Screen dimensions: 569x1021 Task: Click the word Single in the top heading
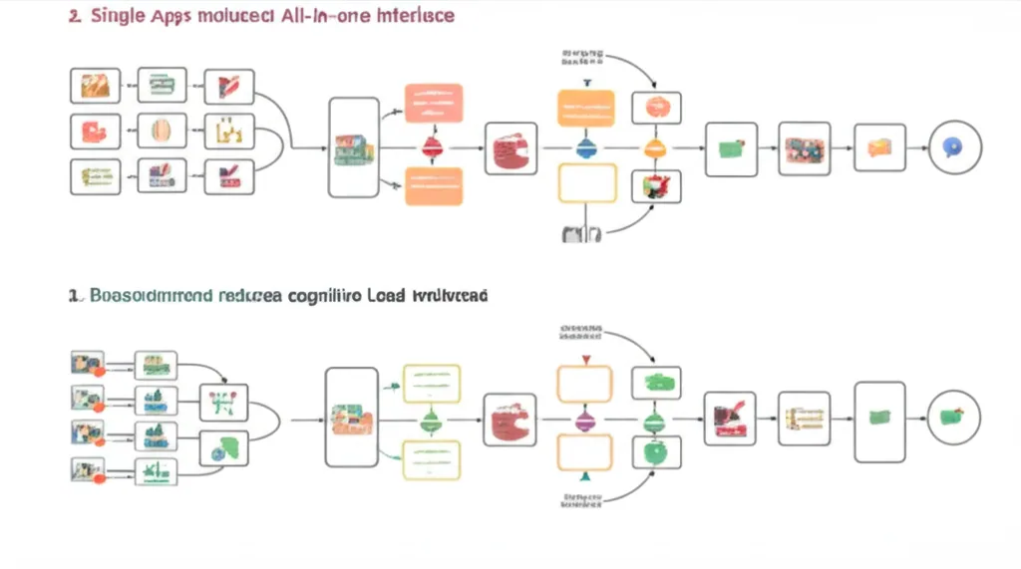(x=116, y=18)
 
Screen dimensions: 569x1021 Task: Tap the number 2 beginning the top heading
(x=74, y=18)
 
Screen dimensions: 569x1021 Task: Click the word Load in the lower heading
(x=391, y=296)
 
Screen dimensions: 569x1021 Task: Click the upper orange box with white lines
(x=434, y=104)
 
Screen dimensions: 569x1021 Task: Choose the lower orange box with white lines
(x=434, y=186)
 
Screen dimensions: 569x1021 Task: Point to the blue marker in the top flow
(x=586, y=148)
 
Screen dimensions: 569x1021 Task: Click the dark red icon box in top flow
(x=510, y=149)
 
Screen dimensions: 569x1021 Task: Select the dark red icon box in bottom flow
(x=510, y=420)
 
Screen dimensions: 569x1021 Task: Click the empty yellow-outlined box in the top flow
(x=586, y=184)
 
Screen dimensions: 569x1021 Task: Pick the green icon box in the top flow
(x=730, y=149)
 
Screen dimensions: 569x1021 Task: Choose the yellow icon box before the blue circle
(x=879, y=148)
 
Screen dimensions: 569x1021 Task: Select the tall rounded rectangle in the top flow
(x=354, y=147)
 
